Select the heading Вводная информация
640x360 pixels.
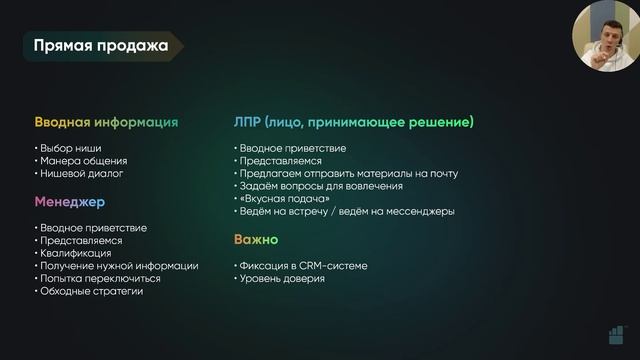click(x=106, y=122)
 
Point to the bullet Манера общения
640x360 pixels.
click(x=83, y=161)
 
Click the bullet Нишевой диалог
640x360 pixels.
click(x=82, y=174)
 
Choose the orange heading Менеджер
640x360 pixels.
click(x=71, y=202)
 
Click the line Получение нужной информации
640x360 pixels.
click(x=118, y=266)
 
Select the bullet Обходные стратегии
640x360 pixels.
click(x=91, y=291)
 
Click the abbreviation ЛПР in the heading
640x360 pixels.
click(x=248, y=122)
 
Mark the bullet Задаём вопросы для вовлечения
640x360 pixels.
click(x=321, y=186)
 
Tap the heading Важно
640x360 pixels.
click(x=256, y=240)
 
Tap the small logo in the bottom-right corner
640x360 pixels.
click(x=615, y=336)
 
